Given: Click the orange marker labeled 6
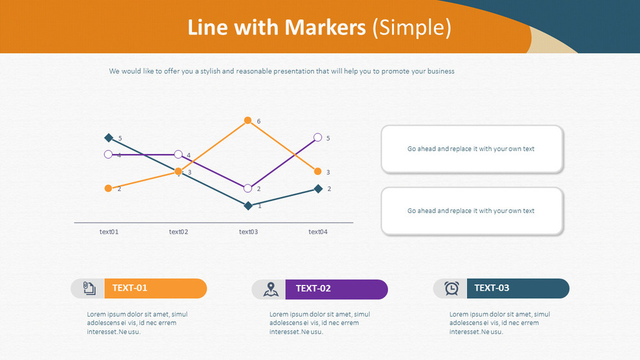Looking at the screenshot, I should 247,120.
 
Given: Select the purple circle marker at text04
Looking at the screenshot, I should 317,137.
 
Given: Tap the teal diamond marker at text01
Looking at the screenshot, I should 109,137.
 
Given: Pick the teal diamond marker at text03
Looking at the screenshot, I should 247,205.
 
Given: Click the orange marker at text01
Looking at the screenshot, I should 108,188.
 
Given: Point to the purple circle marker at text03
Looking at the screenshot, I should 247,188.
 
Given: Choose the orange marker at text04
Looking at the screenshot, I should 317,172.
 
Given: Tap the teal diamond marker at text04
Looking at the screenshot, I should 318,188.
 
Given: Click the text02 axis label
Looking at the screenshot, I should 178,232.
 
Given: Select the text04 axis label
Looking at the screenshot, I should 317,232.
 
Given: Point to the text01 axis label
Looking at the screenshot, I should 109,232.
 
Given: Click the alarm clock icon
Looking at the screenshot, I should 451,289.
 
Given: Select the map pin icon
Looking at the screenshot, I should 270,289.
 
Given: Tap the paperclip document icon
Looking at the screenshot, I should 89,288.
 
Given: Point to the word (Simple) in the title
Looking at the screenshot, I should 412,28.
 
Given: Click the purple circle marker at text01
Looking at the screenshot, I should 108,154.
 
